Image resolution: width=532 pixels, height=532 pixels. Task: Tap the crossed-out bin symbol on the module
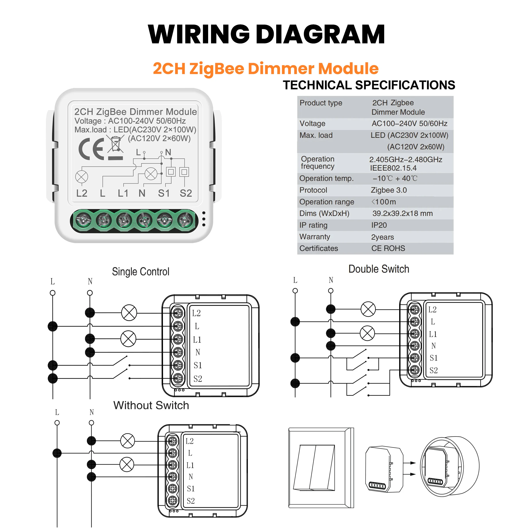pyautogui.click(x=115, y=144)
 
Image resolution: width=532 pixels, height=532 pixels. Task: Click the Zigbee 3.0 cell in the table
pyautogui.click(x=389, y=190)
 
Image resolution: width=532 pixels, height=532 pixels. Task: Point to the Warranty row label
pyautogui.click(x=315, y=237)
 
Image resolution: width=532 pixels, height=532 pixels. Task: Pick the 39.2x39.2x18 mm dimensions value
pyautogui.click(x=402, y=213)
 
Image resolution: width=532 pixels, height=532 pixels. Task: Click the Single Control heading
pyautogui.click(x=141, y=272)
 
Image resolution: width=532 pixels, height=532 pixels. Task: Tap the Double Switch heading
pyautogui.click(x=379, y=269)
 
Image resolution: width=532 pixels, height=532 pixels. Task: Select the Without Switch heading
pyautogui.click(x=151, y=405)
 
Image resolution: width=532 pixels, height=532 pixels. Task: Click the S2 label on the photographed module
pyautogui.click(x=186, y=193)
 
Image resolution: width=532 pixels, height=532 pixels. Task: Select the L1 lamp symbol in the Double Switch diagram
pyautogui.click(x=367, y=333)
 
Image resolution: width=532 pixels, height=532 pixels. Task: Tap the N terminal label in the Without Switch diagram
pyautogui.click(x=191, y=477)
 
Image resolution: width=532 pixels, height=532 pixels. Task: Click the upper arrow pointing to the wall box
pyautogui.click(x=409, y=463)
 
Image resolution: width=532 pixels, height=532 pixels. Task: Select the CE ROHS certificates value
pyautogui.click(x=388, y=248)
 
